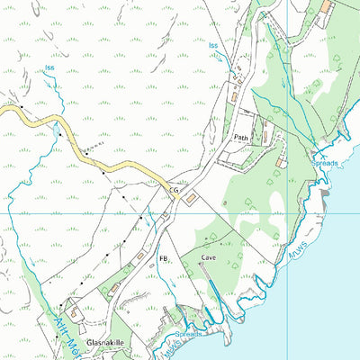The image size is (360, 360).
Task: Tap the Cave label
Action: click(210, 257)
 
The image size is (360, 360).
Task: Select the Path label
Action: click(240, 138)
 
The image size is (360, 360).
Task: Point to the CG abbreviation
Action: click(174, 191)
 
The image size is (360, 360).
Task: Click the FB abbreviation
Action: click(164, 259)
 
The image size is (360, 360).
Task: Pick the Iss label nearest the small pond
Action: click(49, 68)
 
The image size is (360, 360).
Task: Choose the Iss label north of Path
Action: click(213, 44)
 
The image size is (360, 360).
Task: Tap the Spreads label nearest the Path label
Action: click(325, 163)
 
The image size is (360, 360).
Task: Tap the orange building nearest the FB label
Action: click(141, 256)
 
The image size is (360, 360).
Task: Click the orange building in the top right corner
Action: click(327, 7)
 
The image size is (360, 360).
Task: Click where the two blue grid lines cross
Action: click(286, 213)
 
